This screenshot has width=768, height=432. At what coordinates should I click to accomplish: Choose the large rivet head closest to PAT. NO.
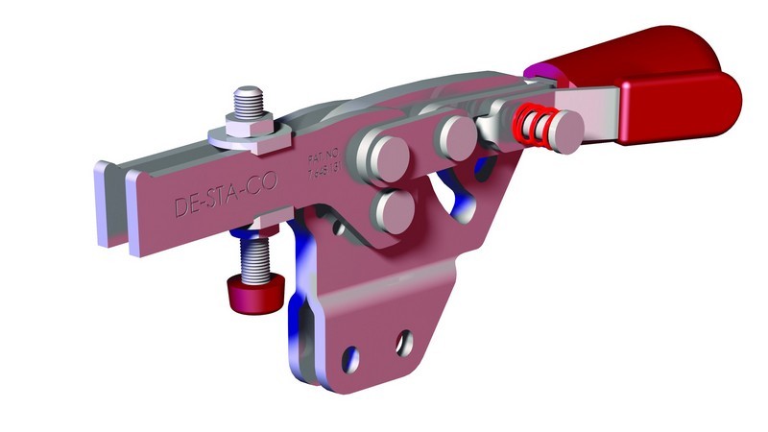pos(376,153)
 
